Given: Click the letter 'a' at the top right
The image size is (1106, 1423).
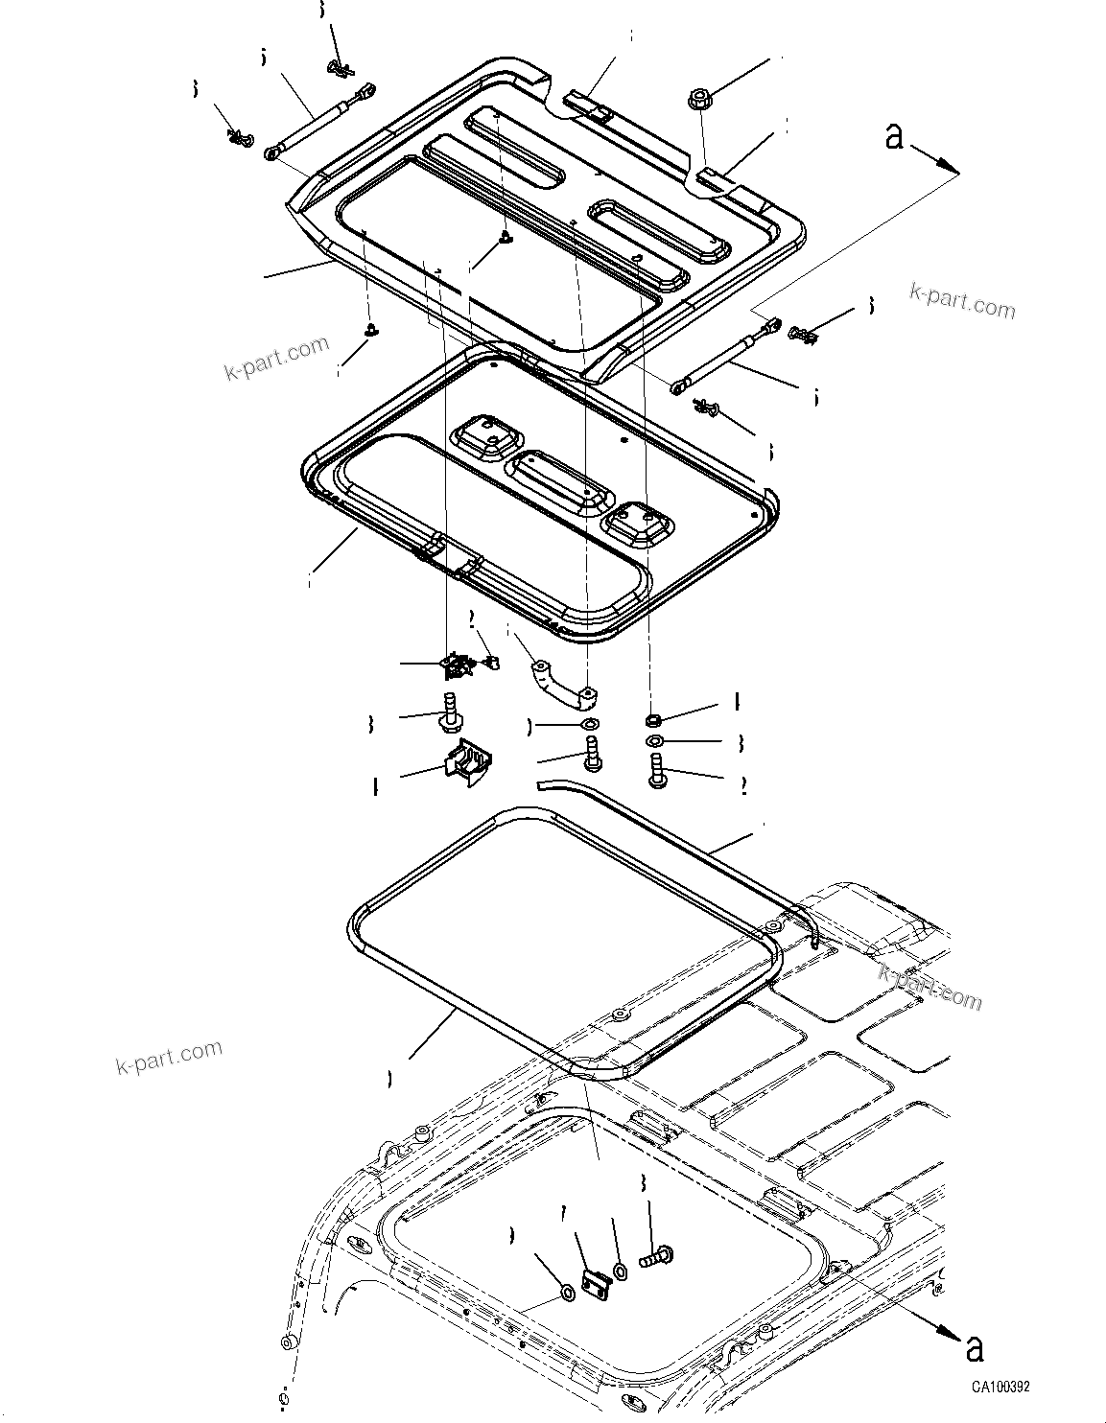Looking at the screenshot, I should click(894, 137).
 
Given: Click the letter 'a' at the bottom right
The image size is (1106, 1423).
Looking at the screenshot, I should click(975, 1348).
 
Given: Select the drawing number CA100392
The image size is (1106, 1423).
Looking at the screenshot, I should click(1000, 1387).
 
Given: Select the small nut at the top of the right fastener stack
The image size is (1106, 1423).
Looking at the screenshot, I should click(653, 720).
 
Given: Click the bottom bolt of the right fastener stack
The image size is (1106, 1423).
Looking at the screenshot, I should click(658, 772).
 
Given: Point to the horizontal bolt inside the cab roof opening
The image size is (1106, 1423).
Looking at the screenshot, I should click(657, 1253).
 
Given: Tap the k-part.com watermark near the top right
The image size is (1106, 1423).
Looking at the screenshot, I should click(962, 300).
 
